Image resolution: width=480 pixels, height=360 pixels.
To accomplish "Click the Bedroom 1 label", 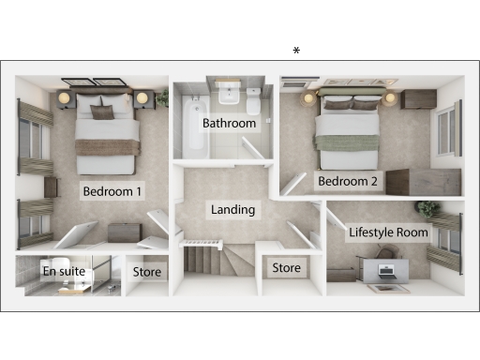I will tap(112, 191).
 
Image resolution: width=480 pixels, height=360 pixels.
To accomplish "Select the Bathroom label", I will tap(230, 124).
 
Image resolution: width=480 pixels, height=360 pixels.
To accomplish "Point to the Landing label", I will tap(232, 210).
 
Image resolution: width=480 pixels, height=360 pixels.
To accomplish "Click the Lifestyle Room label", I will tap(388, 232).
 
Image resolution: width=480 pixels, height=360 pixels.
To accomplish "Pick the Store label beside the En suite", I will tap(147, 273).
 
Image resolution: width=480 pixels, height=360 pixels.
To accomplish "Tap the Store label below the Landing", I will tap(286, 268).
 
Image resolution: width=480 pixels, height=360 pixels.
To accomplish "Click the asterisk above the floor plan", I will tap(296, 51).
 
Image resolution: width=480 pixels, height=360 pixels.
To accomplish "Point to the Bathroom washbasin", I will tap(228, 95).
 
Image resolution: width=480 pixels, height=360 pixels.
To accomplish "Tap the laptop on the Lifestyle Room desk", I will tap(386, 272).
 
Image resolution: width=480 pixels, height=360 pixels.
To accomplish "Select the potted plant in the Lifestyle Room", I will tap(427, 208).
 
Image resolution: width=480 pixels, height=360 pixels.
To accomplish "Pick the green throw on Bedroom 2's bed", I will tap(350, 142).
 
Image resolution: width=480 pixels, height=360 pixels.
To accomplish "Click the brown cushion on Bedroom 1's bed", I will tap(102, 112).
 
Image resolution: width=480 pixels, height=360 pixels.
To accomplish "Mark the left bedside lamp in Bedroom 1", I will tap(64, 97).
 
